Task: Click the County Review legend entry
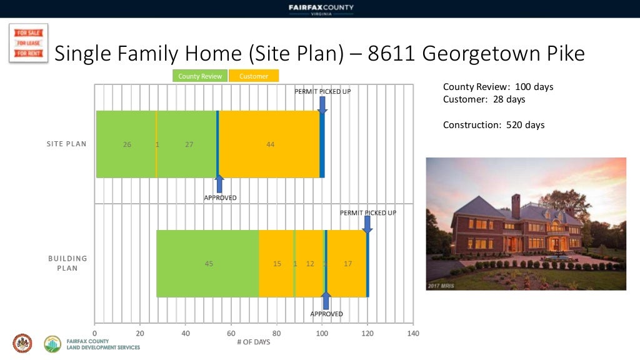click(200, 76)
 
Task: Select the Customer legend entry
click(254, 76)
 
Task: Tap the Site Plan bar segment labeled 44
click(270, 144)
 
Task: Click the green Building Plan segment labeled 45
click(209, 264)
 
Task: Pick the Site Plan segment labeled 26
click(127, 144)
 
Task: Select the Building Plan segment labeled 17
click(347, 264)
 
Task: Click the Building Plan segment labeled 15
click(277, 264)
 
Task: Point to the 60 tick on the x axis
click(231, 334)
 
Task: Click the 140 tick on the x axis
click(412, 334)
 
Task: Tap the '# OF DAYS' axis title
click(254, 342)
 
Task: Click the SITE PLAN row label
click(67, 144)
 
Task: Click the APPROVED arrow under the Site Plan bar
click(219, 184)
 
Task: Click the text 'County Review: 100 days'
click(498, 87)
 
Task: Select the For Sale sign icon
click(28, 43)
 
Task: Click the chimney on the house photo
click(516, 206)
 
